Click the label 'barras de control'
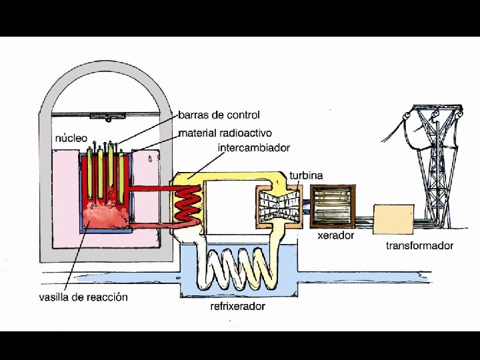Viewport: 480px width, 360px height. (x=219, y=115)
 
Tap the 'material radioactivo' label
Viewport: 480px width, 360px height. (x=225, y=133)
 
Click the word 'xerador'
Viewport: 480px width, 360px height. (x=335, y=235)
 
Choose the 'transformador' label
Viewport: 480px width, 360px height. (x=419, y=245)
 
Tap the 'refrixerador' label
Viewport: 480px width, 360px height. (x=237, y=306)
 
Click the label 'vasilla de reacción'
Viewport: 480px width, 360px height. (x=83, y=297)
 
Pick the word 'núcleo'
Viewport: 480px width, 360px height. (x=71, y=138)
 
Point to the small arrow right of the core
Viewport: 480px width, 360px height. (x=150, y=159)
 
